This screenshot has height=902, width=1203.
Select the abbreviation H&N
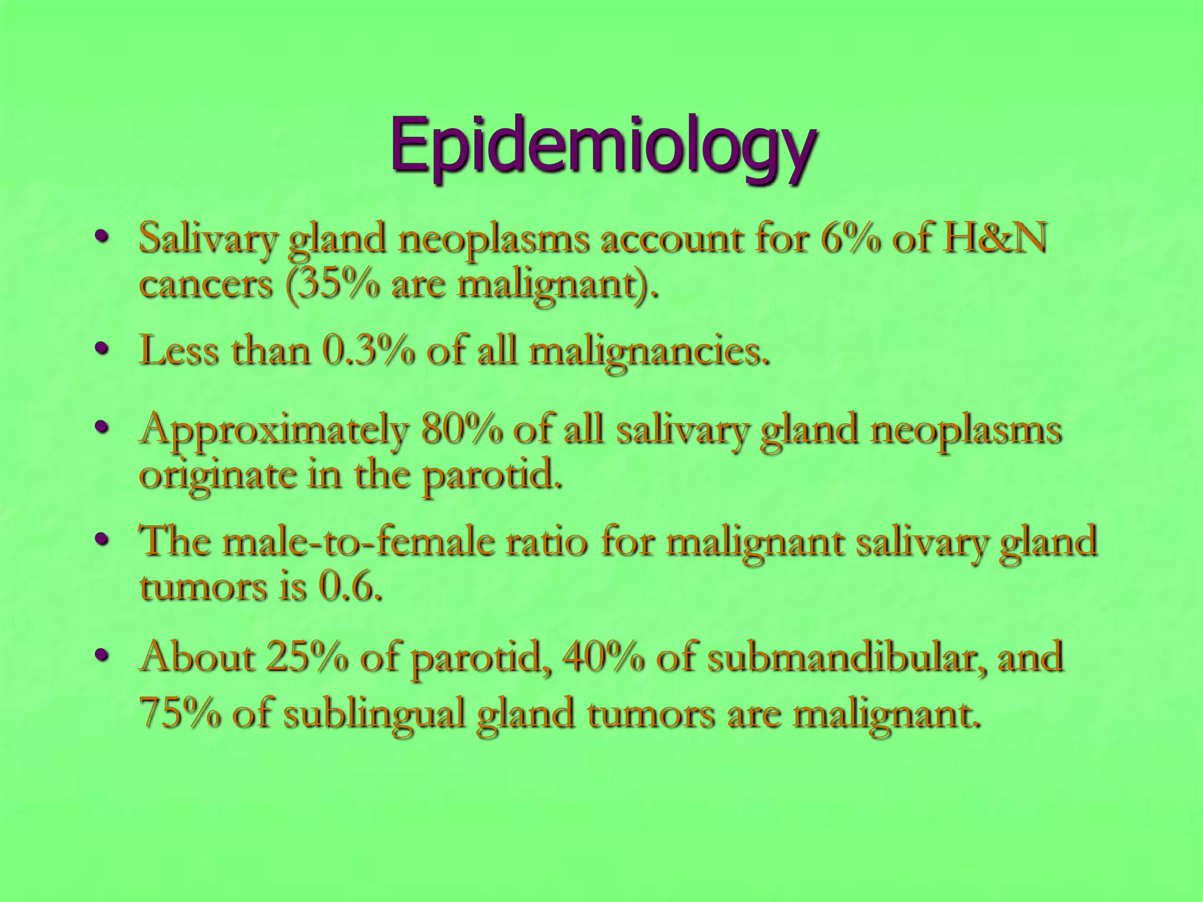(x=993, y=239)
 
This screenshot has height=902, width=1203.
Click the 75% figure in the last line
(x=180, y=713)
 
